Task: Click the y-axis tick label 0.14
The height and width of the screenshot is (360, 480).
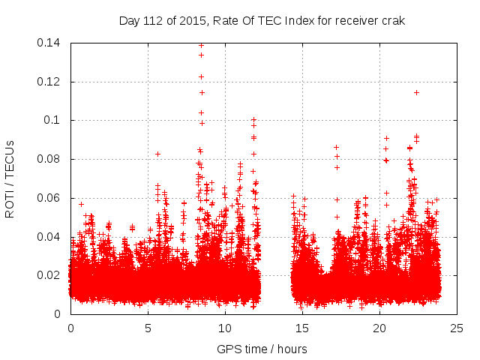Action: click(51, 43)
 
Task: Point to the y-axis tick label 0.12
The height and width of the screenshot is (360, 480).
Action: click(51, 82)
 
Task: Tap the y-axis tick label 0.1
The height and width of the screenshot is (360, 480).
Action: click(55, 121)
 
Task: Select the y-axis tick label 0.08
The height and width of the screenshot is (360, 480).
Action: click(51, 160)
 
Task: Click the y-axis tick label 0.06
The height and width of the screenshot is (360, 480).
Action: click(51, 198)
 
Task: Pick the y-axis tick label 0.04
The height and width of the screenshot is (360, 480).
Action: click(51, 237)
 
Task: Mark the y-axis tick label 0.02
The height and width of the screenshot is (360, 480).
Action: click(51, 276)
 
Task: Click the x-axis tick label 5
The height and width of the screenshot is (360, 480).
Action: click(148, 328)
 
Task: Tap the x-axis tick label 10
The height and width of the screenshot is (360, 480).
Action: click(225, 328)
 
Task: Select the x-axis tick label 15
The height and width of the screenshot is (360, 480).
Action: click(302, 328)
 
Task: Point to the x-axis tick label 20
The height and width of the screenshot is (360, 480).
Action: click(379, 328)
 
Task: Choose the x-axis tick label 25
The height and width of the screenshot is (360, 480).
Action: click(457, 328)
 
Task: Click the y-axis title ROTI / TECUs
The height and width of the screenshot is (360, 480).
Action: click(10, 178)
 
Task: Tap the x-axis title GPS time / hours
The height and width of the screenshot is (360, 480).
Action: click(262, 349)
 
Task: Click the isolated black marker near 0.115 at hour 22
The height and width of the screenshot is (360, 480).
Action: click(416, 92)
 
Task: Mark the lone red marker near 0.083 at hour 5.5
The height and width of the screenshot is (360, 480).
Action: click(158, 154)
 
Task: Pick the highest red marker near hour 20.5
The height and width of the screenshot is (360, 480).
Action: click(386, 138)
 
